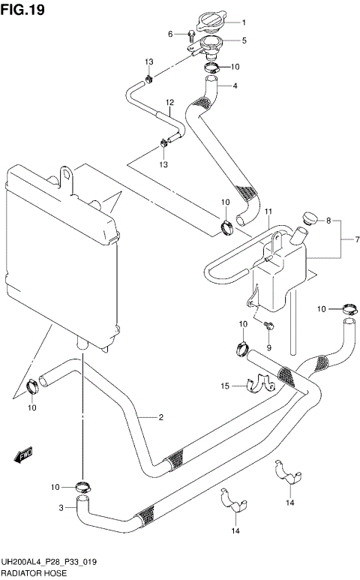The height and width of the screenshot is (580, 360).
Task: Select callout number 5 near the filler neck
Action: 243,41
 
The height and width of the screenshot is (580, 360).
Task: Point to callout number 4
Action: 235,86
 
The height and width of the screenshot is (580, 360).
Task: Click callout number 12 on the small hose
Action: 169,102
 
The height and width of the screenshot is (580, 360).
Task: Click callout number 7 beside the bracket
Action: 346,240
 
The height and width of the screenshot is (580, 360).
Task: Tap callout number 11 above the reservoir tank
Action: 268,213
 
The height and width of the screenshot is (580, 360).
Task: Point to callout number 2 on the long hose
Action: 160,418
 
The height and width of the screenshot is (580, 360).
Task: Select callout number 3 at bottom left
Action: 61,508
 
